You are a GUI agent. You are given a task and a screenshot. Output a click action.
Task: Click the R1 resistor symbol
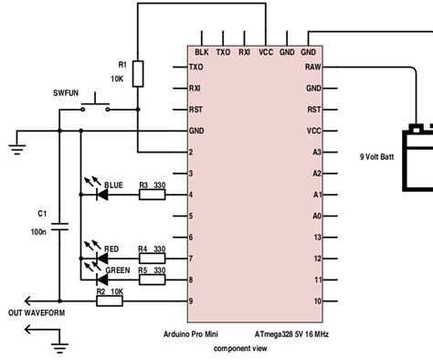pyautogui.click(x=137, y=74)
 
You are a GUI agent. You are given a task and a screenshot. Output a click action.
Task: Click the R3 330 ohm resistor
pyautogui.click(x=152, y=195)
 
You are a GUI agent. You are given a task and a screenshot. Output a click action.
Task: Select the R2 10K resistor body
pyautogui.click(x=111, y=301)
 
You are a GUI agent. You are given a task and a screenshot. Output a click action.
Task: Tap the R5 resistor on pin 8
pyautogui.click(x=152, y=280)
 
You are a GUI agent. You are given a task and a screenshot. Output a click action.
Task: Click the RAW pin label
pyautogui.click(x=313, y=68)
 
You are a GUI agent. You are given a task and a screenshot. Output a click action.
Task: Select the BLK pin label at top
pyautogui.click(x=202, y=53)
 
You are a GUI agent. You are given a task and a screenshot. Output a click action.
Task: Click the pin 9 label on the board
pyautogui.click(x=190, y=302)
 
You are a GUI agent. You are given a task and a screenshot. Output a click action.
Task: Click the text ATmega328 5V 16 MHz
pyautogui.click(x=291, y=334)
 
